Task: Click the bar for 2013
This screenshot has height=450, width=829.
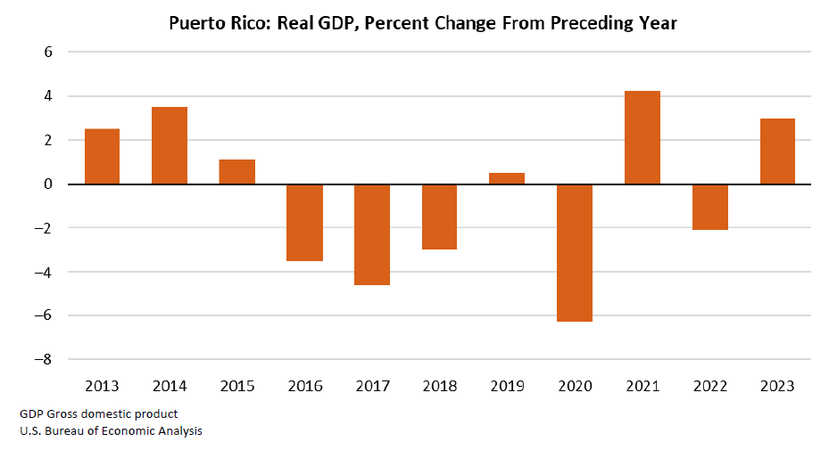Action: pyautogui.click(x=102, y=157)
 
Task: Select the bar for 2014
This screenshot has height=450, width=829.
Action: pyautogui.click(x=170, y=145)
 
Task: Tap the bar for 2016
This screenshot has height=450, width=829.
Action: pyautogui.click(x=304, y=222)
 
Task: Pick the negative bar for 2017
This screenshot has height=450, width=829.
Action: pyautogui.click(x=372, y=234)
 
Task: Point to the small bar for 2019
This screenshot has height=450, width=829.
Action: pyautogui.click(x=507, y=178)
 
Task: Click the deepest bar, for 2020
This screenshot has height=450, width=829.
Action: pyautogui.click(x=575, y=252)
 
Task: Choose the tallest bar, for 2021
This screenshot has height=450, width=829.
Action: pyautogui.click(x=642, y=137)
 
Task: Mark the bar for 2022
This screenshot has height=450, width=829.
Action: pyautogui.click(x=709, y=207)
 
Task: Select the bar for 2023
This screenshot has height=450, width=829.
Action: pyautogui.click(x=777, y=151)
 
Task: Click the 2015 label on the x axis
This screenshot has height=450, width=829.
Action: pyautogui.click(x=237, y=386)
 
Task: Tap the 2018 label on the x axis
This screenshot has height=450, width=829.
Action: pyautogui.click(x=439, y=386)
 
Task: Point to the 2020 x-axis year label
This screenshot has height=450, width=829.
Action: pyautogui.click(x=575, y=386)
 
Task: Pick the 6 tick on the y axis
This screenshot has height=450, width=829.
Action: pyautogui.click(x=48, y=53)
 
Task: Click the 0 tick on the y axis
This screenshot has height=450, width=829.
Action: pyautogui.click(x=48, y=184)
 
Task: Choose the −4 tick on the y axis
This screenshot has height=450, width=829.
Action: pyautogui.click(x=43, y=272)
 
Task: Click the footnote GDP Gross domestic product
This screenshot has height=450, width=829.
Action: pyautogui.click(x=98, y=414)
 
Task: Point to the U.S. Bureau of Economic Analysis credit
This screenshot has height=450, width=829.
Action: pyautogui.click(x=110, y=431)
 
